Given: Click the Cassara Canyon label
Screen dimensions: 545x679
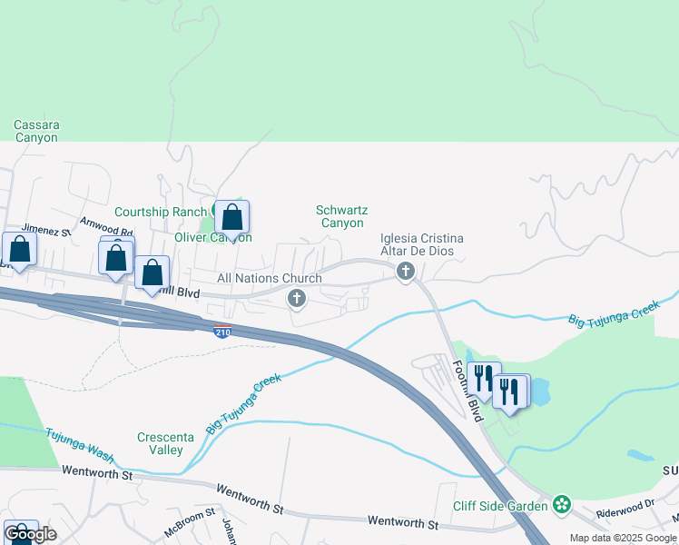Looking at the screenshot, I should pos(36,131).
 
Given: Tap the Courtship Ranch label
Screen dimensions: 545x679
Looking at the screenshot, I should pos(161,212).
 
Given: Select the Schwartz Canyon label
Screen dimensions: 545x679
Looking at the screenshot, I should pos(339,216).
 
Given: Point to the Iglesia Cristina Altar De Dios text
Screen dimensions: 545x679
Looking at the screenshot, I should pos(421,244).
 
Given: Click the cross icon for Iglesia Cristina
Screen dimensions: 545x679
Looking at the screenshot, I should pos(406,271).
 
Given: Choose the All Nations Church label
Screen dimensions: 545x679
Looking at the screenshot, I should pos(269,278).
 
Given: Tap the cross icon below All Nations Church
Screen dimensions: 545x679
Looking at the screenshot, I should pos(296,298).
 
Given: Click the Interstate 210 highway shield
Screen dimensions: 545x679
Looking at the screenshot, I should pos(222,332).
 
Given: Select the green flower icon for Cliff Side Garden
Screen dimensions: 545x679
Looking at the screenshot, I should pos(562,504).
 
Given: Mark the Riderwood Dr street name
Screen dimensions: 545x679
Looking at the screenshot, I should pos(625,509).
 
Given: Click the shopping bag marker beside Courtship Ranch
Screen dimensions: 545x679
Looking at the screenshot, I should pos(231,218).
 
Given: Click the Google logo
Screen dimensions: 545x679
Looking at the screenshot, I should pos(30,534).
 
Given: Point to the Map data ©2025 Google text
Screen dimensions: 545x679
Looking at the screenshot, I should pos(624,538).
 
